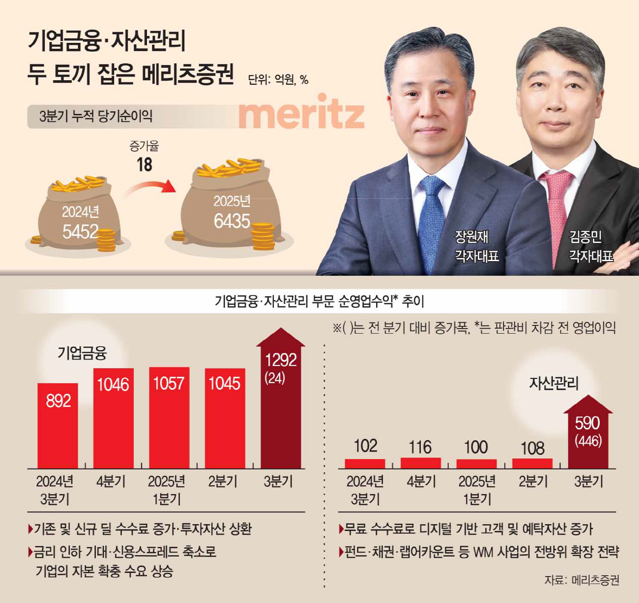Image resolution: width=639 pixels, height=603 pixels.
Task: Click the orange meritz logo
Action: click(x=301, y=113)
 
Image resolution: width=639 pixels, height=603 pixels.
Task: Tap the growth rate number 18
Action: click(x=144, y=165)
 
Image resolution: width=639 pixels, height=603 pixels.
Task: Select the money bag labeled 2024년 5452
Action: click(x=79, y=214)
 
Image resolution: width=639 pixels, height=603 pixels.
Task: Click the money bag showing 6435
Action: click(x=230, y=207)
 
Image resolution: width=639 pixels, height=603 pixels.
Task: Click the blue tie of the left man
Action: click(x=431, y=223)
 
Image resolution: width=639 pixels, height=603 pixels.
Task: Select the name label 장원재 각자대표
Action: click(x=477, y=246)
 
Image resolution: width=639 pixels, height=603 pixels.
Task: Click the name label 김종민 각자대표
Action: click(x=591, y=246)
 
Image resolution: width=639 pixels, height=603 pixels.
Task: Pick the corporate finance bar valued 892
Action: click(x=58, y=426)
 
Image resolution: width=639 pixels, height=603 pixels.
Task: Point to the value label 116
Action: click(x=420, y=447)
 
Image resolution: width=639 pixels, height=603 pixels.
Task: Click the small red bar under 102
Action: click(x=365, y=464)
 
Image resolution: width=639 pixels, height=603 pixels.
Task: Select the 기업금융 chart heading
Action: click(x=82, y=353)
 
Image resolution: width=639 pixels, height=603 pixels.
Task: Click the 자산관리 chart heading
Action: click(x=554, y=383)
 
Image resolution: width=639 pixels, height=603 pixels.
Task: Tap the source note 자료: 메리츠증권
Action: click(x=581, y=580)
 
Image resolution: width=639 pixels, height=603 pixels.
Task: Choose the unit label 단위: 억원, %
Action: click(x=278, y=80)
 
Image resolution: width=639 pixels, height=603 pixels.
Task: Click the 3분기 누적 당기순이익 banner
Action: click(x=96, y=116)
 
